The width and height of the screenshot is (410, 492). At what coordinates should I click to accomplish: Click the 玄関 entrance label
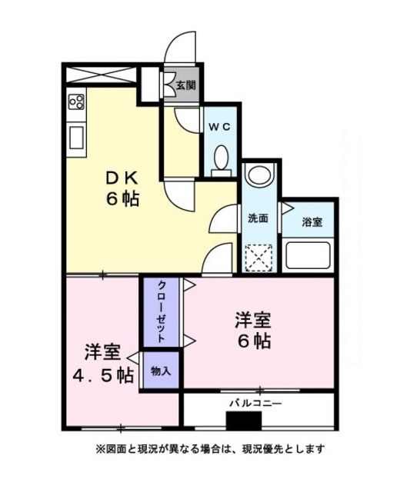click(x=186, y=85)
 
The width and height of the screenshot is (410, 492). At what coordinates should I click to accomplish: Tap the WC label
click(x=220, y=126)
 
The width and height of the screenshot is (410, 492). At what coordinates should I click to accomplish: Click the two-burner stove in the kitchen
click(x=77, y=101)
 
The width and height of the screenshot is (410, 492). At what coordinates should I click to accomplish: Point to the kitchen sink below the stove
click(x=76, y=137)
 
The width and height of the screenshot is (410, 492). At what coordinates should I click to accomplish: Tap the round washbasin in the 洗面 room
click(x=260, y=176)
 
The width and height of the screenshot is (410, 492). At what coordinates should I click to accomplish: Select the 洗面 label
click(x=258, y=218)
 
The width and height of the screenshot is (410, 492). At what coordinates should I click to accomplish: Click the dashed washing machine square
click(x=258, y=258)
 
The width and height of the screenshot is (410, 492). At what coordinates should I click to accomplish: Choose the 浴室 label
click(x=312, y=222)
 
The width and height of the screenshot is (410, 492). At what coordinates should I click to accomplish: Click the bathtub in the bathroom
click(x=308, y=255)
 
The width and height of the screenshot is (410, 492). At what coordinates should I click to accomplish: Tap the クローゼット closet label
click(x=162, y=312)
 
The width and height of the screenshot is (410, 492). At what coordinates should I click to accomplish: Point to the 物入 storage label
click(x=161, y=371)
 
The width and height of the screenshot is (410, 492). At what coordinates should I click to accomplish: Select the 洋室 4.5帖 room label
click(x=103, y=364)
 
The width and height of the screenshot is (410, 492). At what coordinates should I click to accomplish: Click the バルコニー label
click(x=255, y=403)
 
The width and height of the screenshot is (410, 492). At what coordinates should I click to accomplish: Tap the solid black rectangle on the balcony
click(x=244, y=421)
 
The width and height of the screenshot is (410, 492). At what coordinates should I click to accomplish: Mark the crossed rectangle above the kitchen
click(x=101, y=75)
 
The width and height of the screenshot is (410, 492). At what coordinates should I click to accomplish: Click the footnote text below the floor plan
click(x=210, y=449)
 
